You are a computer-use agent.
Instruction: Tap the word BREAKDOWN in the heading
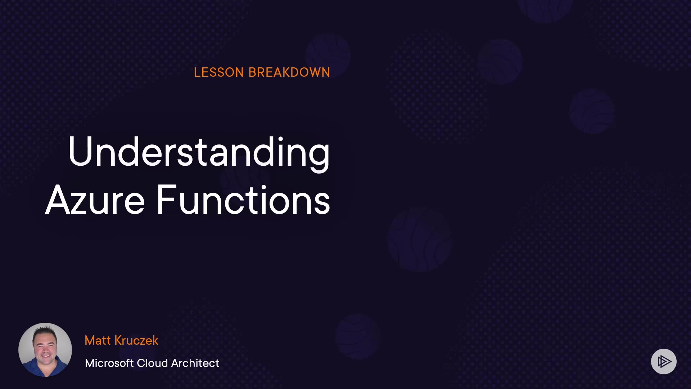(x=289, y=72)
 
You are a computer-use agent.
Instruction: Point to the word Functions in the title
(x=243, y=200)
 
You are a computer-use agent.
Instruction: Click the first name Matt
(x=98, y=340)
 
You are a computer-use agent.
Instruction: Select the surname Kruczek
(x=136, y=340)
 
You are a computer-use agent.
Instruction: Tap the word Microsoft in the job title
(x=109, y=363)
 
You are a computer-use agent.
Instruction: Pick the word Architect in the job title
(x=195, y=363)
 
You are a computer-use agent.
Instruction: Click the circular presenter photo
(x=45, y=350)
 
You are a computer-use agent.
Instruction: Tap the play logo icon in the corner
(x=664, y=361)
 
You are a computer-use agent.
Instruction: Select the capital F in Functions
(x=167, y=200)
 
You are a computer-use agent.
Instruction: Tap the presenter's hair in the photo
(x=45, y=330)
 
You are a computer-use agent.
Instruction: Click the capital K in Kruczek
(x=119, y=340)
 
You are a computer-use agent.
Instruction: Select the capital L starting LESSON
(x=197, y=72)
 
